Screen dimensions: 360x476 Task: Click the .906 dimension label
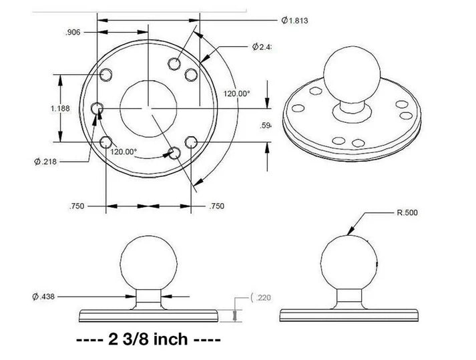click(x=73, y=31)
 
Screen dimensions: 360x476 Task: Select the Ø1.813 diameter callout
click(x=294, y=21)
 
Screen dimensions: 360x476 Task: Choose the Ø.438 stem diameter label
click(x=44, y=296)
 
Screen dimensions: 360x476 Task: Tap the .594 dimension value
click(x=267, y=126)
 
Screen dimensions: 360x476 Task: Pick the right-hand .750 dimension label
click(x=216, y=207)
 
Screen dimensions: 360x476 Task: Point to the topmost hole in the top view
click(x=174, y=63)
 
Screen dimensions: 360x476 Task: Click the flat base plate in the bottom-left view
click(x=149, y=314)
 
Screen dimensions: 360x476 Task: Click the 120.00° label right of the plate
click(x=236, y=94)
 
